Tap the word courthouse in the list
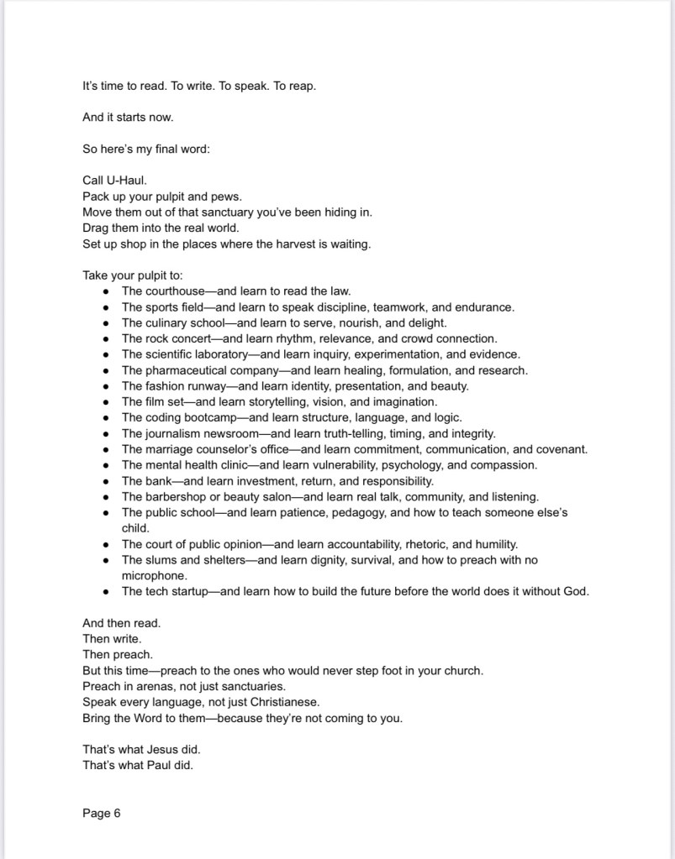(175, 291)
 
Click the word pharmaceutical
(181, 370)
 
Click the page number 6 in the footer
(118, 813)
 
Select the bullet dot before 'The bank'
(105, 482)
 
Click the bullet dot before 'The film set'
(105, 402)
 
